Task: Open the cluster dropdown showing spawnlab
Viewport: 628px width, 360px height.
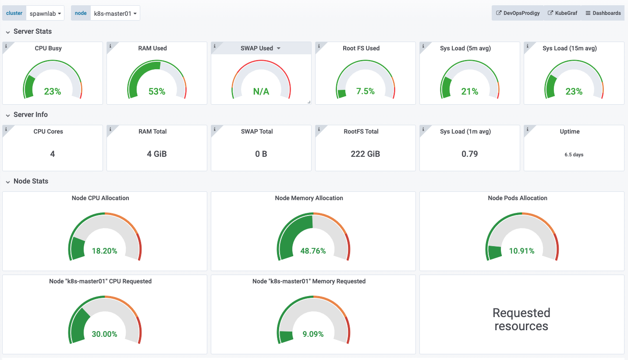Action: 45,13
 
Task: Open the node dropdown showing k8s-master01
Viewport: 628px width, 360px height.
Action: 115,13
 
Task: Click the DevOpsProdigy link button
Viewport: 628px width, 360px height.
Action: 518,13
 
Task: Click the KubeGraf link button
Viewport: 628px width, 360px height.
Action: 562,13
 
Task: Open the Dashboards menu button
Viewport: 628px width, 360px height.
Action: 603,13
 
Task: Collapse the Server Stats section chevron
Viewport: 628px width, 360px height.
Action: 8,32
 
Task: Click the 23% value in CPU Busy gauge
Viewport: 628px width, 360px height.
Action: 53,92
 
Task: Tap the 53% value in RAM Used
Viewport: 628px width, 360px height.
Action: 157,92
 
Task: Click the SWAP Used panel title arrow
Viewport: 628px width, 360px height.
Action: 278,48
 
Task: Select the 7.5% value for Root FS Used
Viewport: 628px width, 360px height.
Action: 365,92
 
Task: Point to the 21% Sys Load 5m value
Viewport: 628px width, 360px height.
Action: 470,92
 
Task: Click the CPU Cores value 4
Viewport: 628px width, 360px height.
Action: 53,154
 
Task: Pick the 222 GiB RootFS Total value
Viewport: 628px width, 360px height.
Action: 365,154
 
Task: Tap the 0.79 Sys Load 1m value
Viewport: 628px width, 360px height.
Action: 470,154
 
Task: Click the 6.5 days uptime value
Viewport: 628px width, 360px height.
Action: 574,155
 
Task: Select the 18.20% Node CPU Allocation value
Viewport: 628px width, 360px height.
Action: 105,251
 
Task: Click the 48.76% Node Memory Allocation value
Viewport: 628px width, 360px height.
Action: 313,251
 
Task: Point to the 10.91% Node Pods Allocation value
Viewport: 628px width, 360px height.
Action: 522,251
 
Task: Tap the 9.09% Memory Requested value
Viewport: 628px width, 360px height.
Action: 313,334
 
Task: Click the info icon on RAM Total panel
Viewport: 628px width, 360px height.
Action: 110,129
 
